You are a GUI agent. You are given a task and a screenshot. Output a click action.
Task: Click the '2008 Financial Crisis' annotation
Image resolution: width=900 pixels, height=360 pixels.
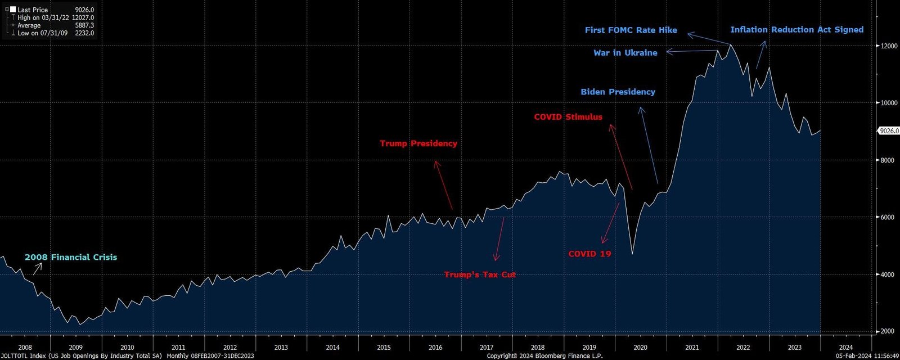point(71,257)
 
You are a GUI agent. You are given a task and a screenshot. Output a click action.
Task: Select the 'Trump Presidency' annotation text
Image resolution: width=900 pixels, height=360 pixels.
point(418,143)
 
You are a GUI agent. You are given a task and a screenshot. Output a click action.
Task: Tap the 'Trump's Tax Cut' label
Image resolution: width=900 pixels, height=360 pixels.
point(480,274)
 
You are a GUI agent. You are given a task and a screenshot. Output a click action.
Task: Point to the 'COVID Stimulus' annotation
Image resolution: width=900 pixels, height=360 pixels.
point(568,117)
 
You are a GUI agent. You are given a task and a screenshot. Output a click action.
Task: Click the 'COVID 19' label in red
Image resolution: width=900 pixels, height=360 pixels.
point(589,254)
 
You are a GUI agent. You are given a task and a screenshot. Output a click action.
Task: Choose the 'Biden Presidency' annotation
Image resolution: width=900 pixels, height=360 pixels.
point(618,92)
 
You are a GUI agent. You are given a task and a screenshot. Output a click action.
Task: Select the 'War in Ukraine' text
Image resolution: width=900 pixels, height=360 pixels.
point(625,53)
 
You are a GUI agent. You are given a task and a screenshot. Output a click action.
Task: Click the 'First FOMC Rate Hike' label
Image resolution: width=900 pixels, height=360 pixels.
point(631,30)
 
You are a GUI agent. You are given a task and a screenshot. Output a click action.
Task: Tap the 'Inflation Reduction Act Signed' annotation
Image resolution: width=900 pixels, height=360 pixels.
point(796,29)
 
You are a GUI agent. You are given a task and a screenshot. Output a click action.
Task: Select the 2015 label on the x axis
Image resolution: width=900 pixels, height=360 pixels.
point(384,348)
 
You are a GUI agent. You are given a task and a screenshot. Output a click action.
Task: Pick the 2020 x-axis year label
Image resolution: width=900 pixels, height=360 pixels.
point(641,348)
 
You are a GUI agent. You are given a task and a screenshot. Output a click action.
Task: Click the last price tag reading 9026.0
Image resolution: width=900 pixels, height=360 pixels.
point(889,131)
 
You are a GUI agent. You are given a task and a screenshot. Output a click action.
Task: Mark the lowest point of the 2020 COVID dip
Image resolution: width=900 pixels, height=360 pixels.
point(632,254)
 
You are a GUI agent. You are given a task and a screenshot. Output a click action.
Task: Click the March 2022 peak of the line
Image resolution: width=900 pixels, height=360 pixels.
point(730,44)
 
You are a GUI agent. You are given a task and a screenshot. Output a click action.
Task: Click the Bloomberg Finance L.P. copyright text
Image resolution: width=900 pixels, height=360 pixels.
point(544,355)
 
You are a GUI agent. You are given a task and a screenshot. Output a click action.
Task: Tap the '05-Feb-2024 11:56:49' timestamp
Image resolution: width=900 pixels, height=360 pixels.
point(866,355)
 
